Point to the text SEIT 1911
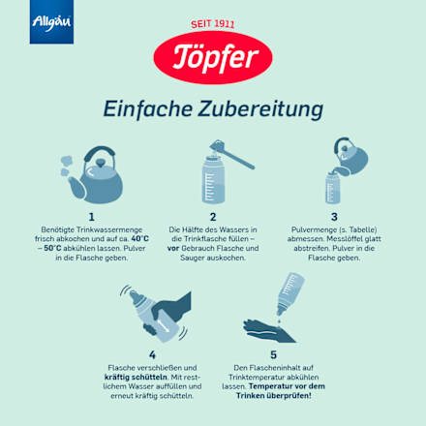tap(213, 22)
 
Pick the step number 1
tap(91, 217)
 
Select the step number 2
tap(212, 217)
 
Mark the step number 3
tap(334, 217)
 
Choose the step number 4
tap(152, 355)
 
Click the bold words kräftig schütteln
tap(132, 378)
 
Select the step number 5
tap(274, 355)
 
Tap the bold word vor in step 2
tap(173, 247)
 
